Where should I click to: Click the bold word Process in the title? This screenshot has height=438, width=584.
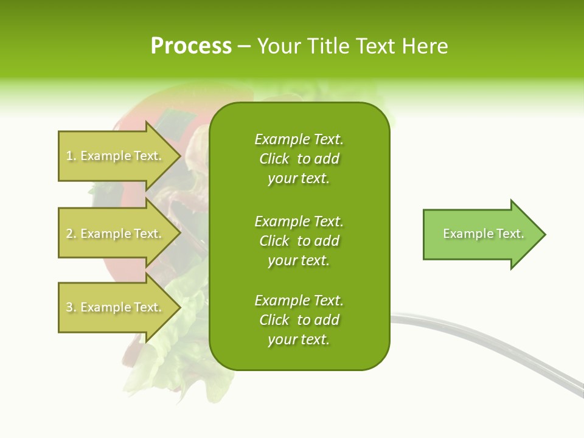[191, 46]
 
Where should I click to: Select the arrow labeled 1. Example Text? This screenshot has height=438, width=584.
[116, 156]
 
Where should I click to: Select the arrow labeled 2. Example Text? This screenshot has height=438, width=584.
[116, 234]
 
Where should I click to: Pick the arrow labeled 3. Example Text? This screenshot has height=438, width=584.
[116, 307]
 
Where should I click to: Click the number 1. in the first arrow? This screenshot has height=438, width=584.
[71, 156]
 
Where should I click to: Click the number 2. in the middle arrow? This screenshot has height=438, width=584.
[71, 234]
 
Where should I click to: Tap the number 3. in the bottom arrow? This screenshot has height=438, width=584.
[71, 308]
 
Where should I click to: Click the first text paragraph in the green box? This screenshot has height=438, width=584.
[299, 159]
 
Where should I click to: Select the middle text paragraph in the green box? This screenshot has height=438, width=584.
[299, 241]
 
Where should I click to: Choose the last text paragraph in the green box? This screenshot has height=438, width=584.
[299, 320]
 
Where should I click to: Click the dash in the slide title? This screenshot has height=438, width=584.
[244, 46]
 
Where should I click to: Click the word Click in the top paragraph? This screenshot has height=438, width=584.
[274, 159]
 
